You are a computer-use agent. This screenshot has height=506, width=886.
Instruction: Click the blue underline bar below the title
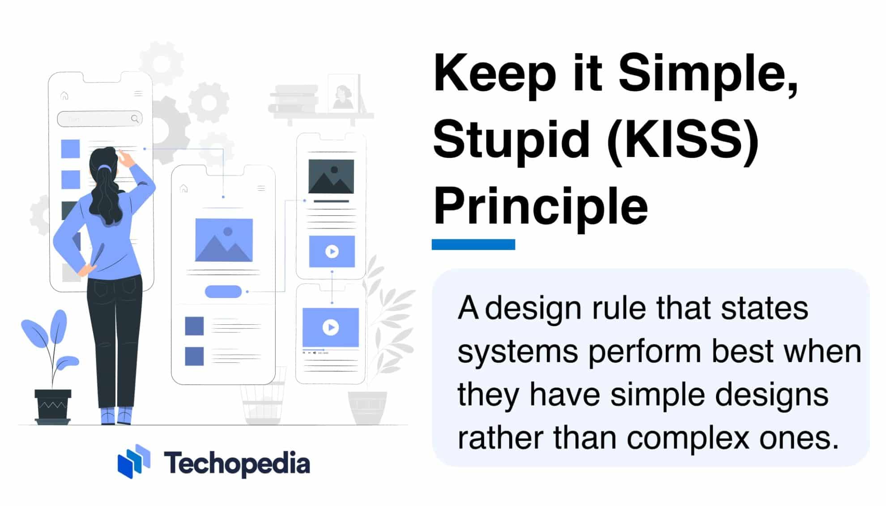[x=473, y=244]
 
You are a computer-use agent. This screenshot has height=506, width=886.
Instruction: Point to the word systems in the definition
[x=518, y=351]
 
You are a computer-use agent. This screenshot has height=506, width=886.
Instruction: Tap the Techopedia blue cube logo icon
[x=134, y=461]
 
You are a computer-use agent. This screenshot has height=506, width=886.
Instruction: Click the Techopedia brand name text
[x=237, y=463]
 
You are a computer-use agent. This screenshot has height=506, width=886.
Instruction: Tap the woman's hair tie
[x=105, y=168]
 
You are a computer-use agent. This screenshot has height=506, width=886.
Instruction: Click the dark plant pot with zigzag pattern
[x=53, y=405]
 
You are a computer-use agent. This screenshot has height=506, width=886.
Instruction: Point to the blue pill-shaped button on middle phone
[x=223, y=292]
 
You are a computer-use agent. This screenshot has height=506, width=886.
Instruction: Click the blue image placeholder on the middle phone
[x=224, y=240]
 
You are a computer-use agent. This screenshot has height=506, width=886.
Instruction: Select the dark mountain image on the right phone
[x=331, y=176]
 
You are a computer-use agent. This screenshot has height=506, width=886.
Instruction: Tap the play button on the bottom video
[x=331, y=327]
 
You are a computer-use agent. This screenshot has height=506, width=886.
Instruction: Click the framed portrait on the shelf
[x=343, y=94]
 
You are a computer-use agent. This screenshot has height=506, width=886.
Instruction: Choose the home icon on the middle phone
[x=184, y=188]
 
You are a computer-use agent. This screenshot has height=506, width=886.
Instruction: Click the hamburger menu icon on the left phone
[x=138, y=94]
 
